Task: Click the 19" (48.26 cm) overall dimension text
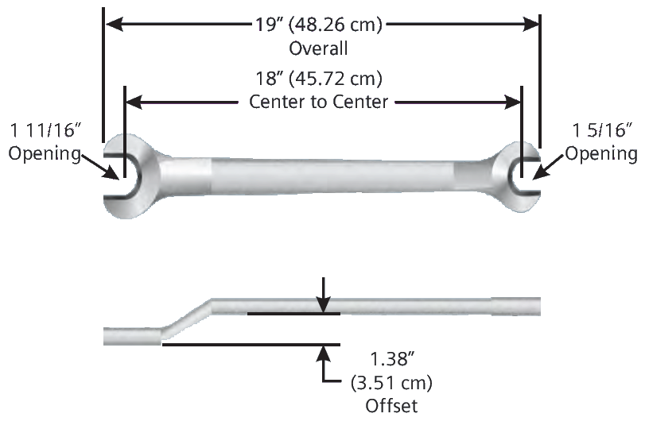pos(318,25)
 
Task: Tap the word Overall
pos(318,48)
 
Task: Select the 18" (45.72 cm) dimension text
pos(318,79)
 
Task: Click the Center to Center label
pos(318,102)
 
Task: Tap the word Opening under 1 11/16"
pos(45,153)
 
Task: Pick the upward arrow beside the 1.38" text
pos(324,361)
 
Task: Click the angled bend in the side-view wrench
pos(187,319)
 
